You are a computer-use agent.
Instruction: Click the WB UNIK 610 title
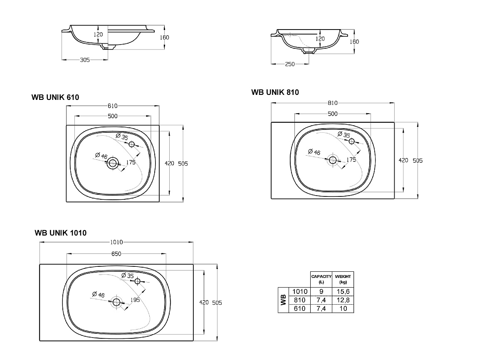click(x=55, y=97)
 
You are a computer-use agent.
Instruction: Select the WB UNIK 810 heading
click(x=275, y=92)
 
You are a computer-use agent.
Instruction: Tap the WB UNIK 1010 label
click(x=60, y=233)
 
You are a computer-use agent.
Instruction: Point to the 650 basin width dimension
click(x=116, y=254)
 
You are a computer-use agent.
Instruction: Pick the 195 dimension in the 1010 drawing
click(x=134, y=300)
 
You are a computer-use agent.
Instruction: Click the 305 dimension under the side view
click(x=85, y=60)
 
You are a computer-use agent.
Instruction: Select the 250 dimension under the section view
click(x=290, y=64)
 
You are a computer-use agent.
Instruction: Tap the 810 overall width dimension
click(x=332, y=103)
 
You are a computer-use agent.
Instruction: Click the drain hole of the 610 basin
click(x=112, y=163)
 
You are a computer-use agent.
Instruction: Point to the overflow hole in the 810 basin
click(x=351, y=141)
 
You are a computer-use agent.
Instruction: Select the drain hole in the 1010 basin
click(x=116, y=302)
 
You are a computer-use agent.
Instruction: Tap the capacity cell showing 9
click(x=321, y=291)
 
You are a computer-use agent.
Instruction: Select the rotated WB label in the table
click(x=283, y=300)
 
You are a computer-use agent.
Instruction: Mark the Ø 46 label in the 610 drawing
click(x=101, y=156)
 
